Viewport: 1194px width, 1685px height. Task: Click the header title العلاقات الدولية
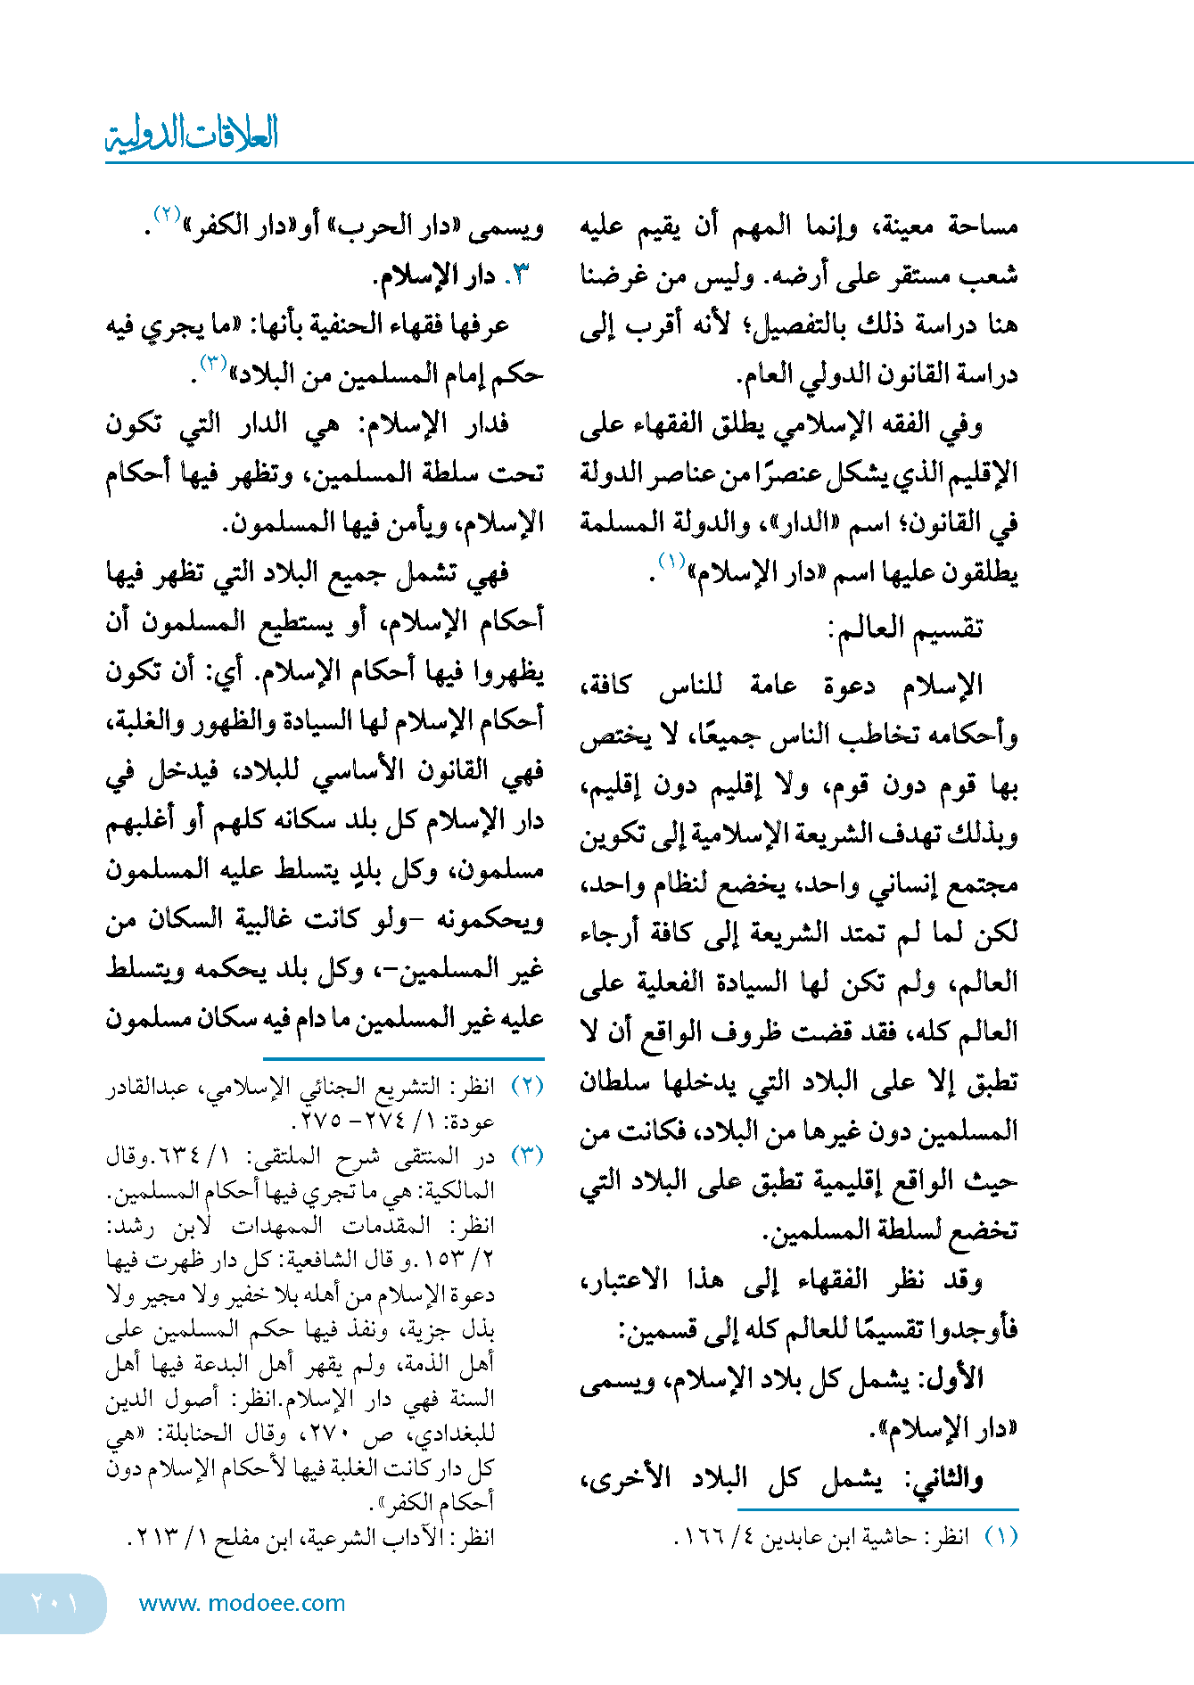pos(192,134)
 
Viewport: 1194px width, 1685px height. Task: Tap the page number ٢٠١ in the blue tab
pos(54,1602)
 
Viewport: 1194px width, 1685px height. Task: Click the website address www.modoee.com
pos(242,1603)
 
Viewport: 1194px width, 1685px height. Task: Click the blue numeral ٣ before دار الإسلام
pos(521,275)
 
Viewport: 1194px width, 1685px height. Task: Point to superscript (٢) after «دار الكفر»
pos(168,215)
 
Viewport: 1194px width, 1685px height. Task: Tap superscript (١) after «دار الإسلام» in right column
pos(671,560)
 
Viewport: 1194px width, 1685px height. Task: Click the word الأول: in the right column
pos(952,1379)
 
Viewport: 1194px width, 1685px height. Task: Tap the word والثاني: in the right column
pos(943,1479)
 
